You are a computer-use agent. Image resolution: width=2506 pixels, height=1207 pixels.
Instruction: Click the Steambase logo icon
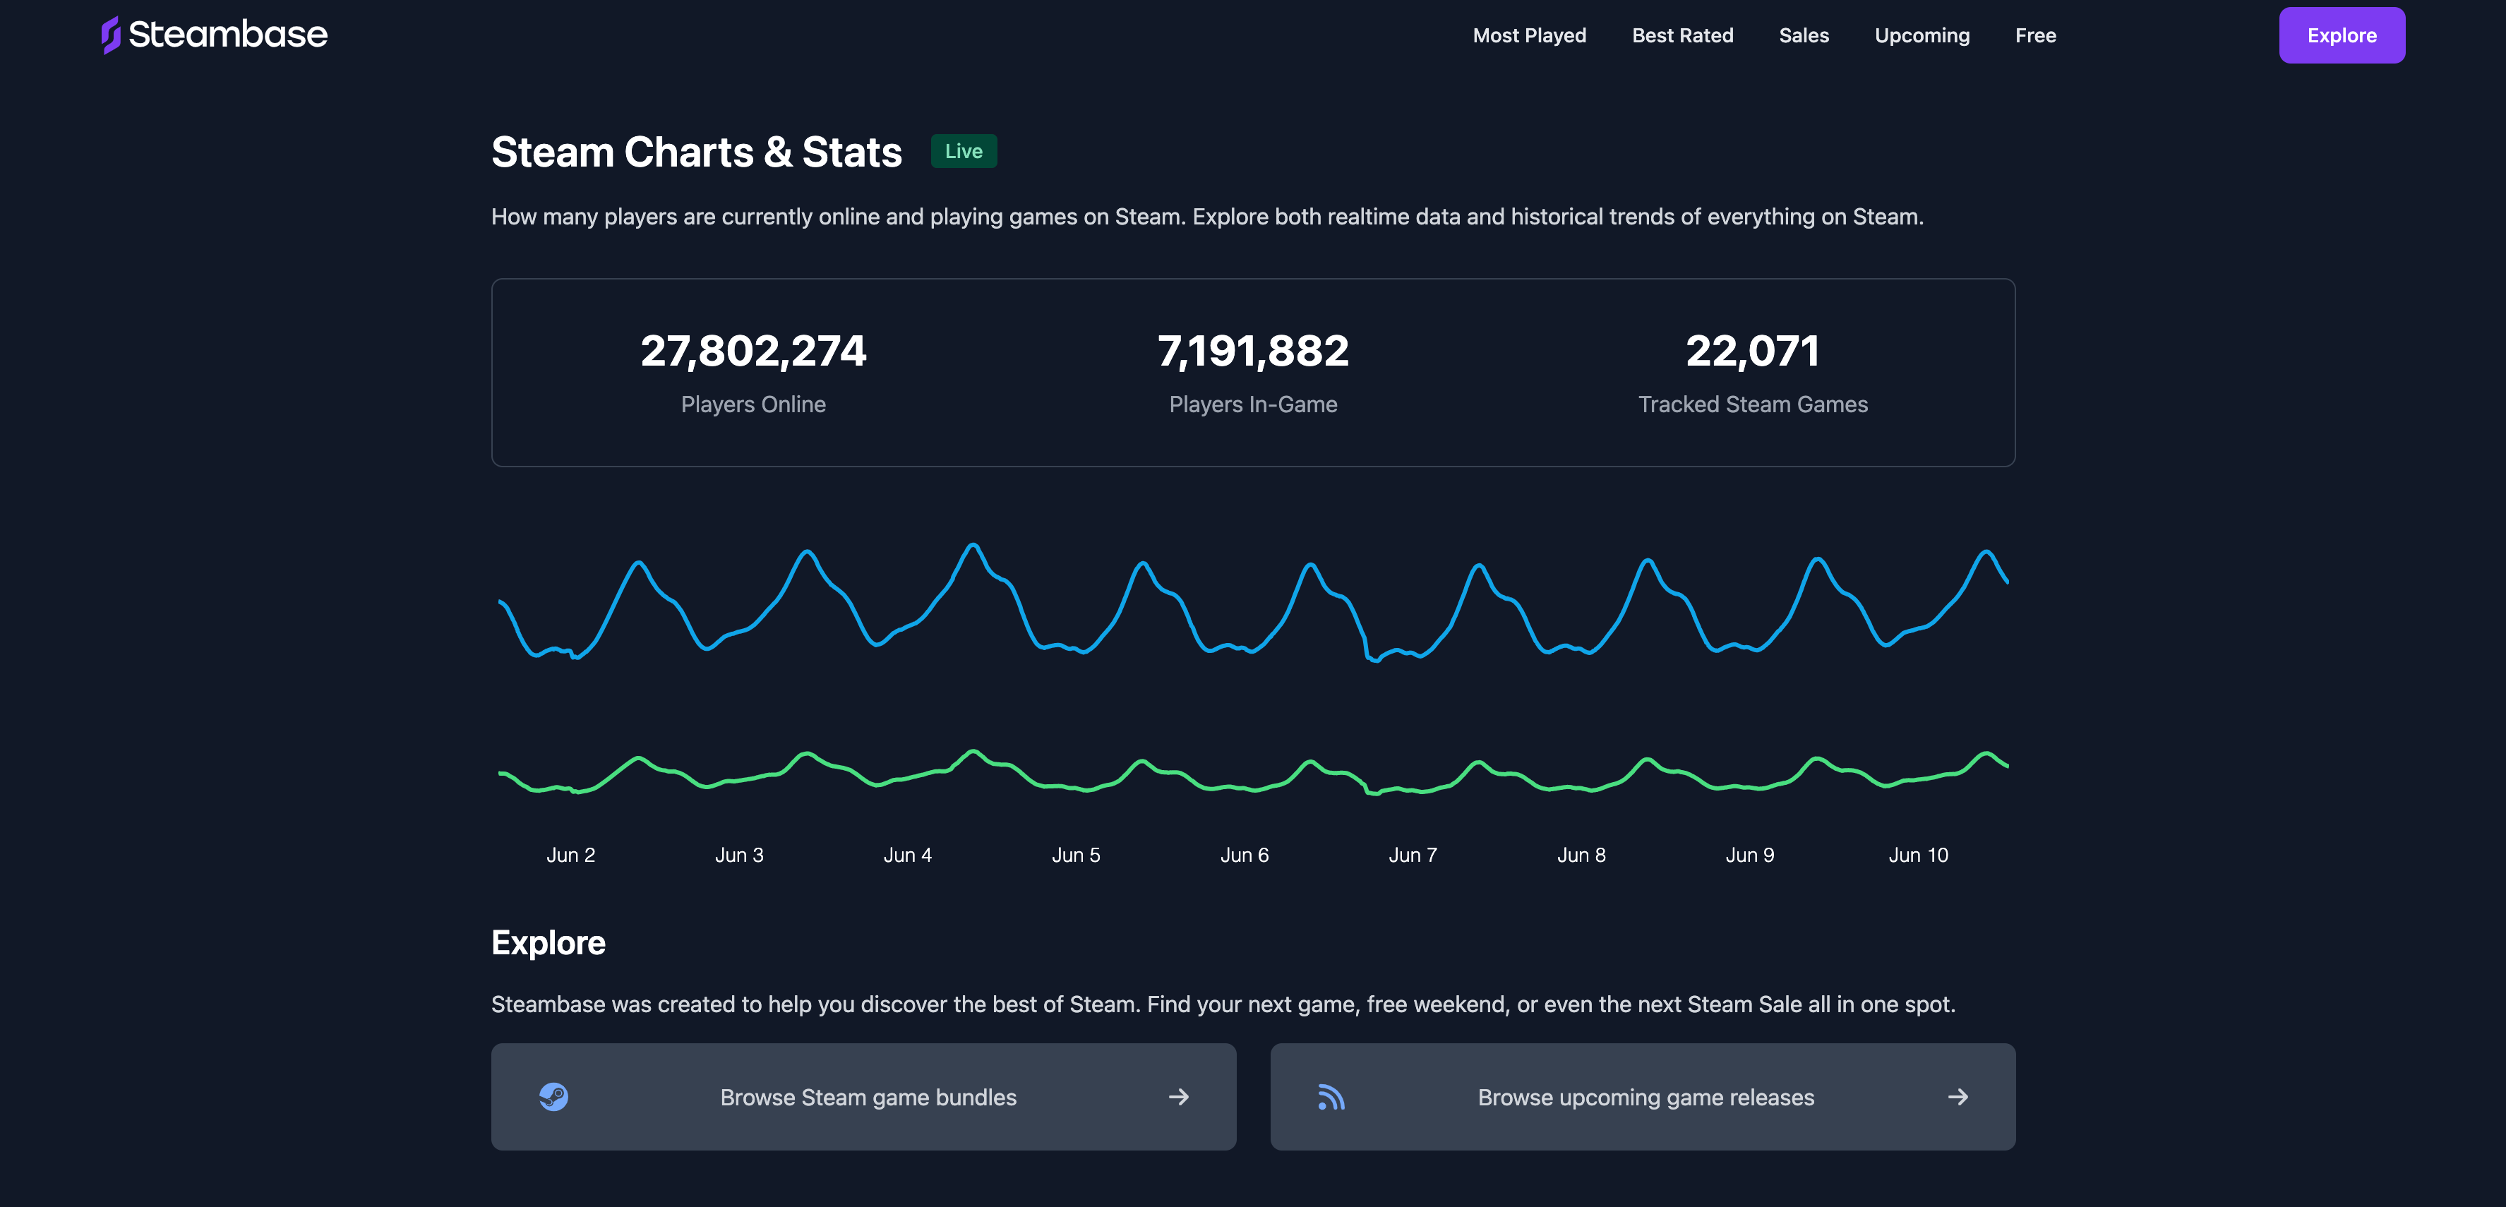click(x=111, y=35)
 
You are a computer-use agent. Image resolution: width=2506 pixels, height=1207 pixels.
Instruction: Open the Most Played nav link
click(x=1529, y=35)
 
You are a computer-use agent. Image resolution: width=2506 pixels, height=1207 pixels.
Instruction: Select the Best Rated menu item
click(x=1682, y=35)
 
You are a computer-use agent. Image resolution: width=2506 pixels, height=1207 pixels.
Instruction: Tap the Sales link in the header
click(x=1804, y=35)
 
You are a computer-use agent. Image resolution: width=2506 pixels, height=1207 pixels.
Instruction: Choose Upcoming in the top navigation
click(x=1922, y=35)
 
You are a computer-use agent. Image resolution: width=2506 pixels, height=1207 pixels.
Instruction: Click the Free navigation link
click(x=2035, y=35)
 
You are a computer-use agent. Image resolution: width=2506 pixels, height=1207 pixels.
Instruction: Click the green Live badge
click(x=963, y=151)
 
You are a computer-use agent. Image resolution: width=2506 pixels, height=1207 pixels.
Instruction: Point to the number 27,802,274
click(x=753, y=351)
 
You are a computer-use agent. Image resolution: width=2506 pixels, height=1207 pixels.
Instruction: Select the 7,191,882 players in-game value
click(x=1253, y=351)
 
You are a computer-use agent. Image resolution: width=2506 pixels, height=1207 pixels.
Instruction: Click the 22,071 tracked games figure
click(x=1752, y=351)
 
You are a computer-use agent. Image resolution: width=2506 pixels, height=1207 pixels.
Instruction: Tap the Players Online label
click(x=753, y=404)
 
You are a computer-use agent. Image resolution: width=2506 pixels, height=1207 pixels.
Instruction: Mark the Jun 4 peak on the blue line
click(x=973, y=545)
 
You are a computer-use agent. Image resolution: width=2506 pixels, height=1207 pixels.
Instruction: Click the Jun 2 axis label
click(x=570, y=855)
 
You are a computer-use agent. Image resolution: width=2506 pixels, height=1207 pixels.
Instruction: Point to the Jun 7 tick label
click(x=1413, y=855)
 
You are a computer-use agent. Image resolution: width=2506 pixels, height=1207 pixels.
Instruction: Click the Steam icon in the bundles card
click(x=553, y=1097)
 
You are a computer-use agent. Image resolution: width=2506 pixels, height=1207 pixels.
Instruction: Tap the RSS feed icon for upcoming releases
click(x=1331, y=1097)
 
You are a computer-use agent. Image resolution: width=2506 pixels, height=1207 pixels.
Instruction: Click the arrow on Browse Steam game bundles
click(x=1178, y=1097)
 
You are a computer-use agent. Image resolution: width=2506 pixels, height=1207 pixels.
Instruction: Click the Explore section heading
click(x=548, y=942)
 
